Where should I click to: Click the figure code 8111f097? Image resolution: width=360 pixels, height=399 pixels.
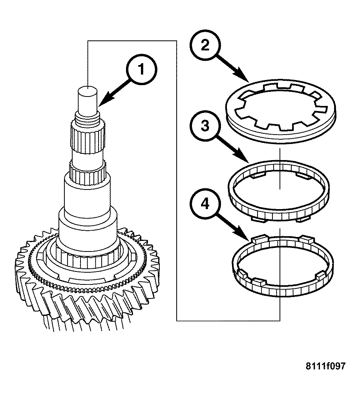325,366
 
